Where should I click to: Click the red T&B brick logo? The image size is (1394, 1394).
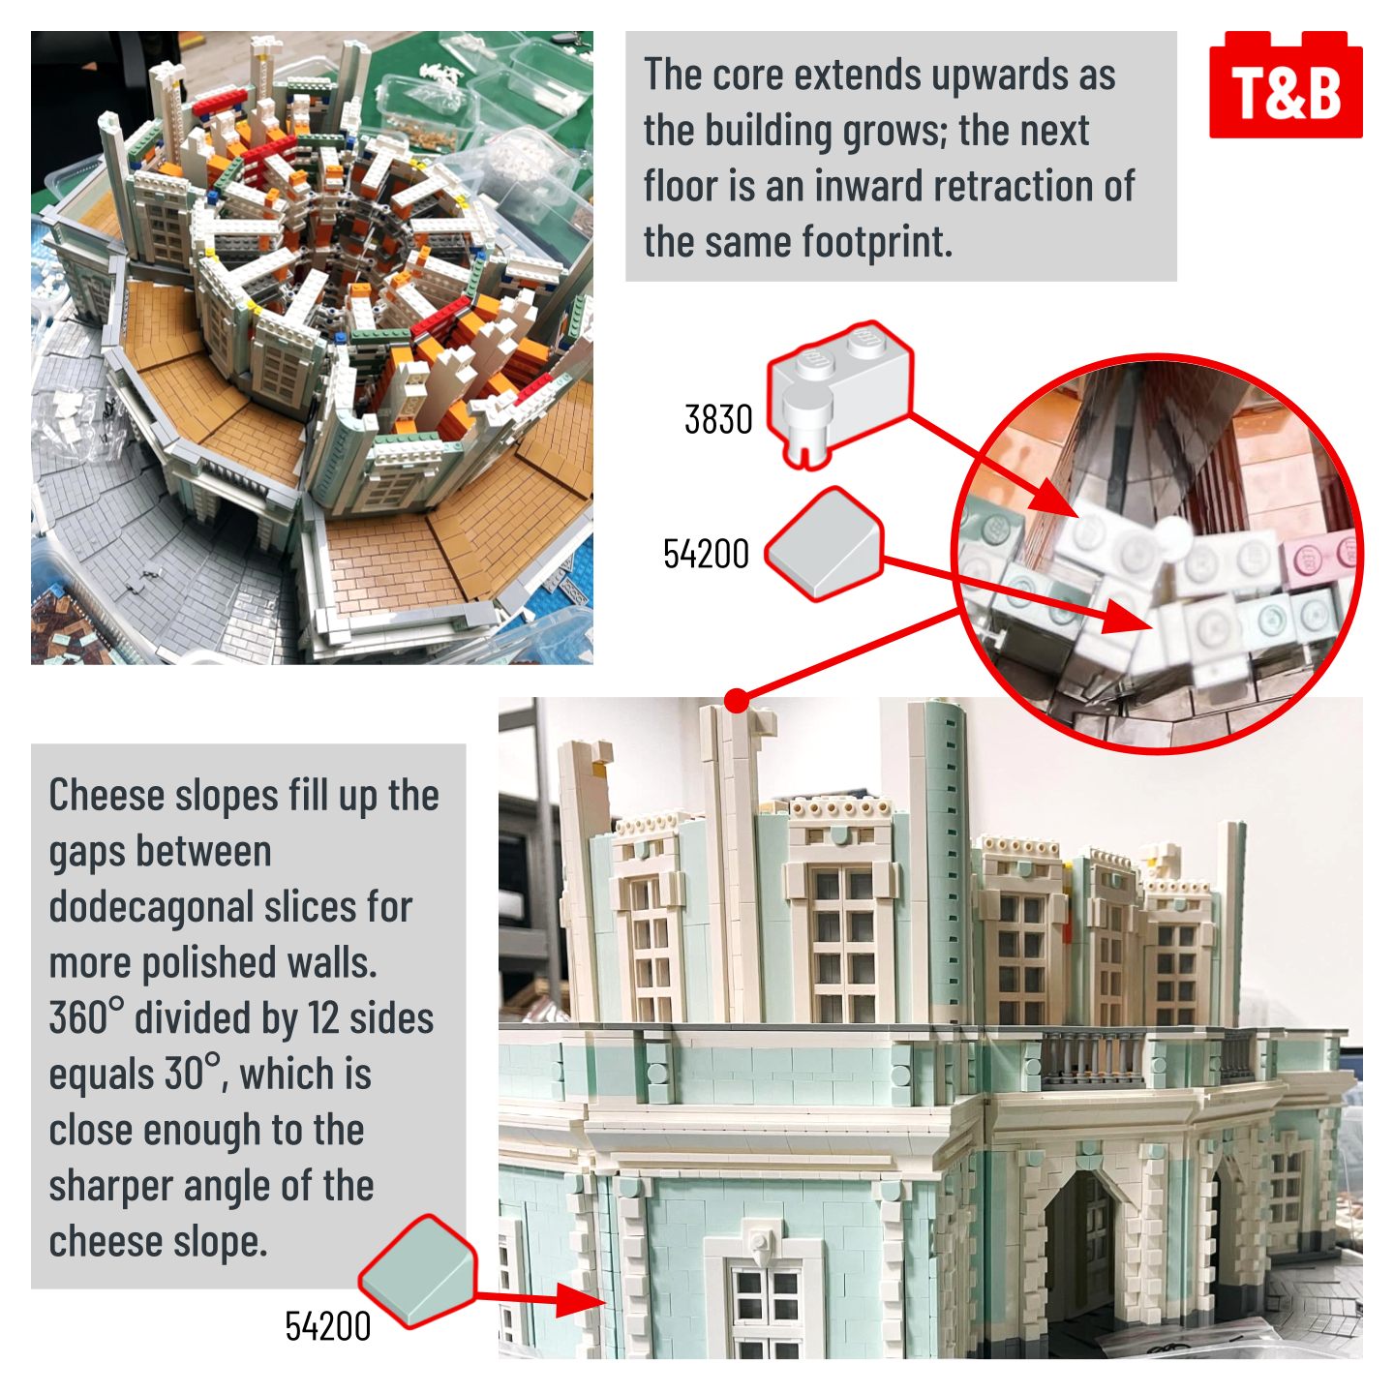[1285, 84]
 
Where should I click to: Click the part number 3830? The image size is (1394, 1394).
[718, 419]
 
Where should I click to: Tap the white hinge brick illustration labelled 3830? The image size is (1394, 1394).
[839, 394]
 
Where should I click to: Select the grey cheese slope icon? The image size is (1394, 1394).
[823, 544]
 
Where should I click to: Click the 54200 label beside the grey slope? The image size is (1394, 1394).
[706, 554]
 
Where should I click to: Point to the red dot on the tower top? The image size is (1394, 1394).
[737, 700]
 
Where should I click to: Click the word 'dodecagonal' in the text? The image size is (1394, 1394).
[230, 909]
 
